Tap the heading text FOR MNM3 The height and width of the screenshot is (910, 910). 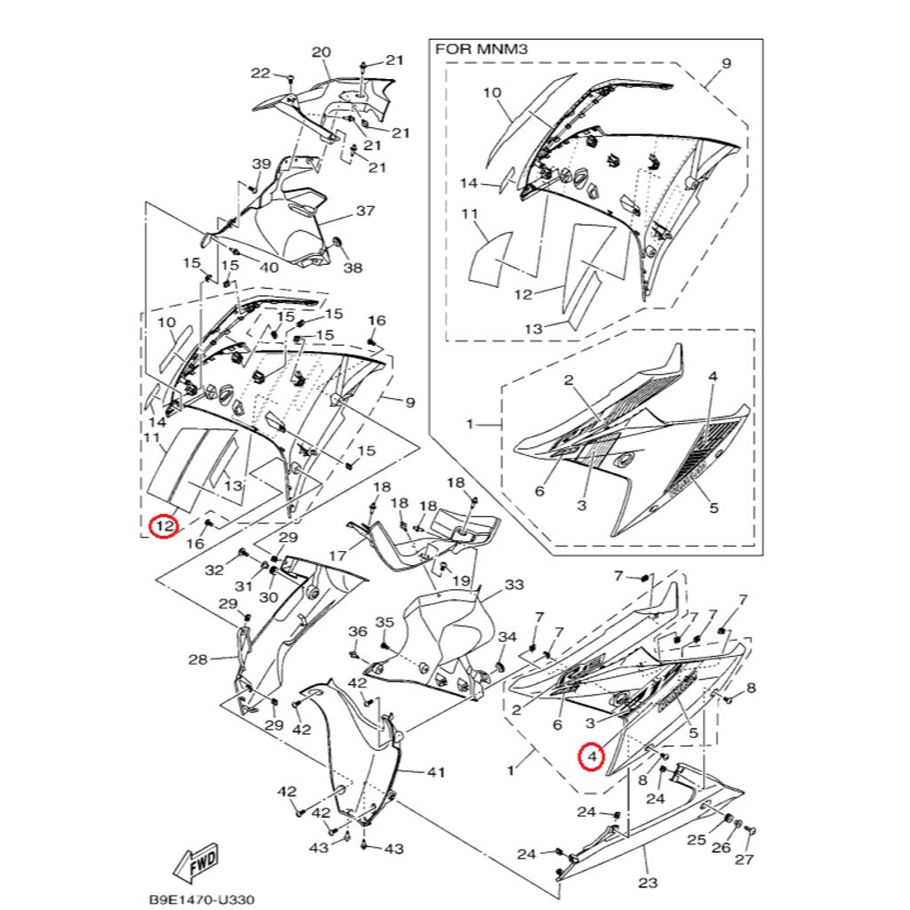[482, 50]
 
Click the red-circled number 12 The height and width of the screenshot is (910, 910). [163, 527]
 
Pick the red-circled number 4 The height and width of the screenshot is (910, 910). [591, 757]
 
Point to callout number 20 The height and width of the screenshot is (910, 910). [321, 52]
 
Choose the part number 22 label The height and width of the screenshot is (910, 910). [260, 73]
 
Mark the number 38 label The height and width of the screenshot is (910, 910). [353, 267]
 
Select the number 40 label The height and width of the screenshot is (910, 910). [268, 267]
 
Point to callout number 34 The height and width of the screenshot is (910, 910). [507, 637]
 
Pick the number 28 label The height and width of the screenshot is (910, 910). [197, 659]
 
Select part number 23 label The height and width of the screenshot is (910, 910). [648, 882]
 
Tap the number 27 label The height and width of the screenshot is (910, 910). [744, 859]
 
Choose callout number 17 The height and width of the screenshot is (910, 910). [337, 555]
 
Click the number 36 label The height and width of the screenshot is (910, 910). [357, 631]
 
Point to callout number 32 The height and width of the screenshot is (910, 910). [214, 570]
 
